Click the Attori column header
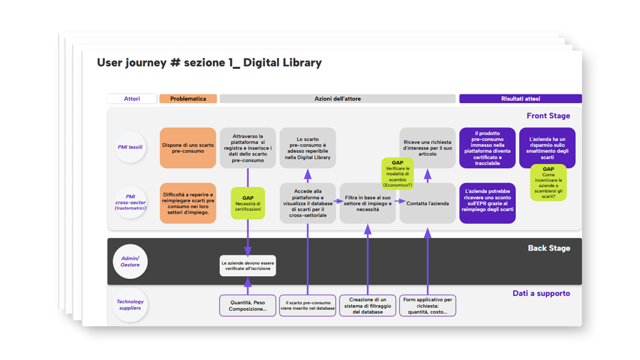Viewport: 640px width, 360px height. [x=132, y=99]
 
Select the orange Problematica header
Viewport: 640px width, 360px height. [x=188, y=99]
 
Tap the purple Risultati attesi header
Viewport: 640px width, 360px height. [x=520, y=99]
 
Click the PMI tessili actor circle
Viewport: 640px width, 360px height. [x=130, y=147]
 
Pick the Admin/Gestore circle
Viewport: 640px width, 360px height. [x=130, y=261]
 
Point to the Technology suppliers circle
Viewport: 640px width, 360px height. [x=130, y=305]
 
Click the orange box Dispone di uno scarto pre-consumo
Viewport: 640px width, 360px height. [x=188, y=148]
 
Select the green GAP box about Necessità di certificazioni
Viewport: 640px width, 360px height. [x=248, y=203]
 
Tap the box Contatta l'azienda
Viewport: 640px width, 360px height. [x=427, y=203]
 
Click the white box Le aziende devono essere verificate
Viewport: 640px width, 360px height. [x=248, y=266]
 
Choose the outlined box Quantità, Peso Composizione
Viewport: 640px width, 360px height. [x=248, y=305]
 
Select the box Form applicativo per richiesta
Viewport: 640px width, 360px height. [x=427, y=305]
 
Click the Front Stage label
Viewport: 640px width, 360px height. [x=548, y=116]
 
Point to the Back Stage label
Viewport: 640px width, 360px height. [x=549, y=248]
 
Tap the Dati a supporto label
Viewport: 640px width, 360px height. [x=541, y=293]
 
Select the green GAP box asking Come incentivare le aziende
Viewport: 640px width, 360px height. [x=548, y=182]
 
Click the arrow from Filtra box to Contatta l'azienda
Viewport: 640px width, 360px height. [x=400, y=201]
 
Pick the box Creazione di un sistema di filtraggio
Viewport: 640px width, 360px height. [x=368, y=305]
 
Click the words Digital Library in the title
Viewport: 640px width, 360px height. [x=282, y=62]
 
